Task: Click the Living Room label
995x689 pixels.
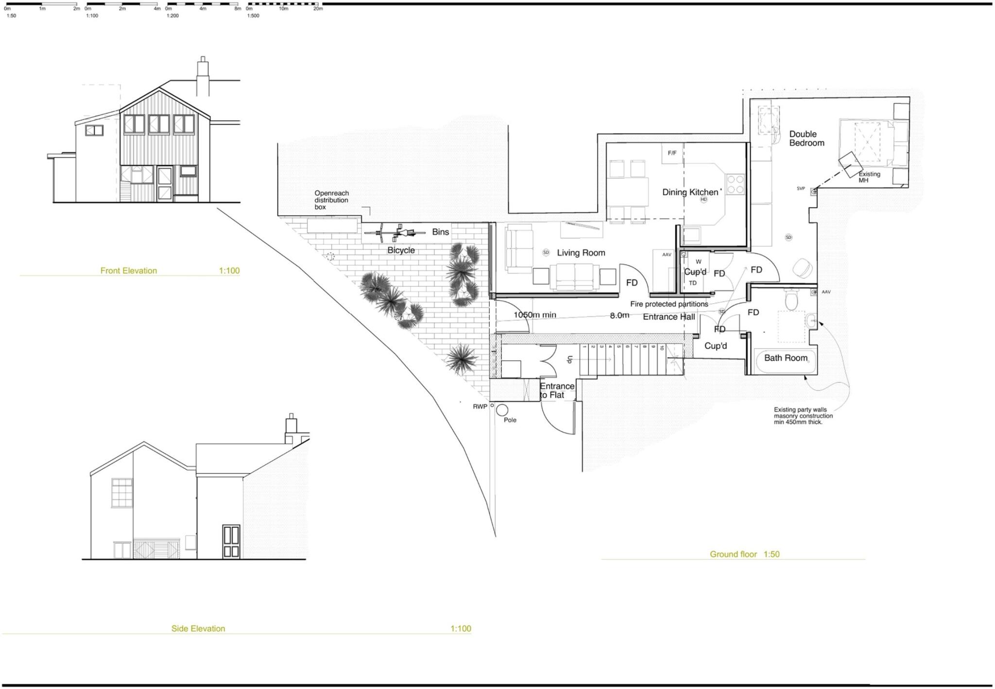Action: click(x=581, y=253)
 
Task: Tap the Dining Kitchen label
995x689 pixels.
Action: click(x=690, y=192)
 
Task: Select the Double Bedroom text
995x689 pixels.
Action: click(x=806, y=138)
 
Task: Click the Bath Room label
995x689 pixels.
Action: click(x=786, y=358)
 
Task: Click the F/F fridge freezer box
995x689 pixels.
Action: click(x=672, y=154)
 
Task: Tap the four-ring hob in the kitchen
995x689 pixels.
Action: click(x=735, y=184)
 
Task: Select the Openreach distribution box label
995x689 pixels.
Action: click(x=331, y=200)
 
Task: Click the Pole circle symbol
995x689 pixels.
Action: click(x=502, y=411)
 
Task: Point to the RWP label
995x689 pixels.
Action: click(x=480, y=407)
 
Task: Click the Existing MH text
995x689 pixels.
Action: click(x=869, y=177)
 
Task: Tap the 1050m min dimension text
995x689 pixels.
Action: click(x=534, y=315)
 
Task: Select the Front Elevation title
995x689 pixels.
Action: click(x=128, y=271)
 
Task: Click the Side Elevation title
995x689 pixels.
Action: click(x=198, y=629)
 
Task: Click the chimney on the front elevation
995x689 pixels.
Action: click(x=203, y=78)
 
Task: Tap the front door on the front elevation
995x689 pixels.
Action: click(x=165, y=184)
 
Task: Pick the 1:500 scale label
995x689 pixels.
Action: click(x=253, y=16)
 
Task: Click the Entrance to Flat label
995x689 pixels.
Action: click(x=557, y=391)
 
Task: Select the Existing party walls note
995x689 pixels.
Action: click(x=803, y=416)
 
